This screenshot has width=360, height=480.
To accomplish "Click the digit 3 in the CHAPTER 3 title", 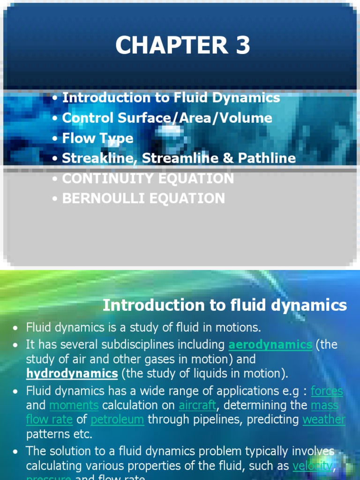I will (x=241, y=46).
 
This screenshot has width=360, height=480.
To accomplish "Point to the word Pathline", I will (x=267, y=158).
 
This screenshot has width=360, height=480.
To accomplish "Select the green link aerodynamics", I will (x=270, y=345).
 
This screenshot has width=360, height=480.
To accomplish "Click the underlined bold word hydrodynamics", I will (x=72, y=373).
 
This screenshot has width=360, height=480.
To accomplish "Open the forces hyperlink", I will (x=327, y=390).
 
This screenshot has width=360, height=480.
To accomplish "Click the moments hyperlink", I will (x=74, y=405).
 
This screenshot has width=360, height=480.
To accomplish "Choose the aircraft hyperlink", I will (x=197, y=405).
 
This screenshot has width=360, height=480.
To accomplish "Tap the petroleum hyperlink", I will (x=117, y=419).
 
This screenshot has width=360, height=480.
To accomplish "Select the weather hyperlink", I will (x=324, y=419).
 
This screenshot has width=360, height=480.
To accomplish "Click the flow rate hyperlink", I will (x=49, y=419).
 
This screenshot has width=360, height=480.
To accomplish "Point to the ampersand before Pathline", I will (x=228, y=158).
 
